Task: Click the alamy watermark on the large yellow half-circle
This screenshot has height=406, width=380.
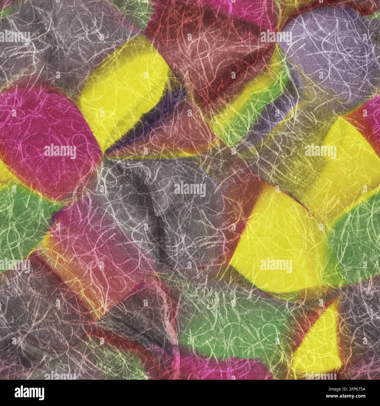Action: tap(276, 266)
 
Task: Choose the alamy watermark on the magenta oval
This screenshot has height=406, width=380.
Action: tap(60, 152)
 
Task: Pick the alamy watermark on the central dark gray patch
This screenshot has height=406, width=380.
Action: tap(190, 189)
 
